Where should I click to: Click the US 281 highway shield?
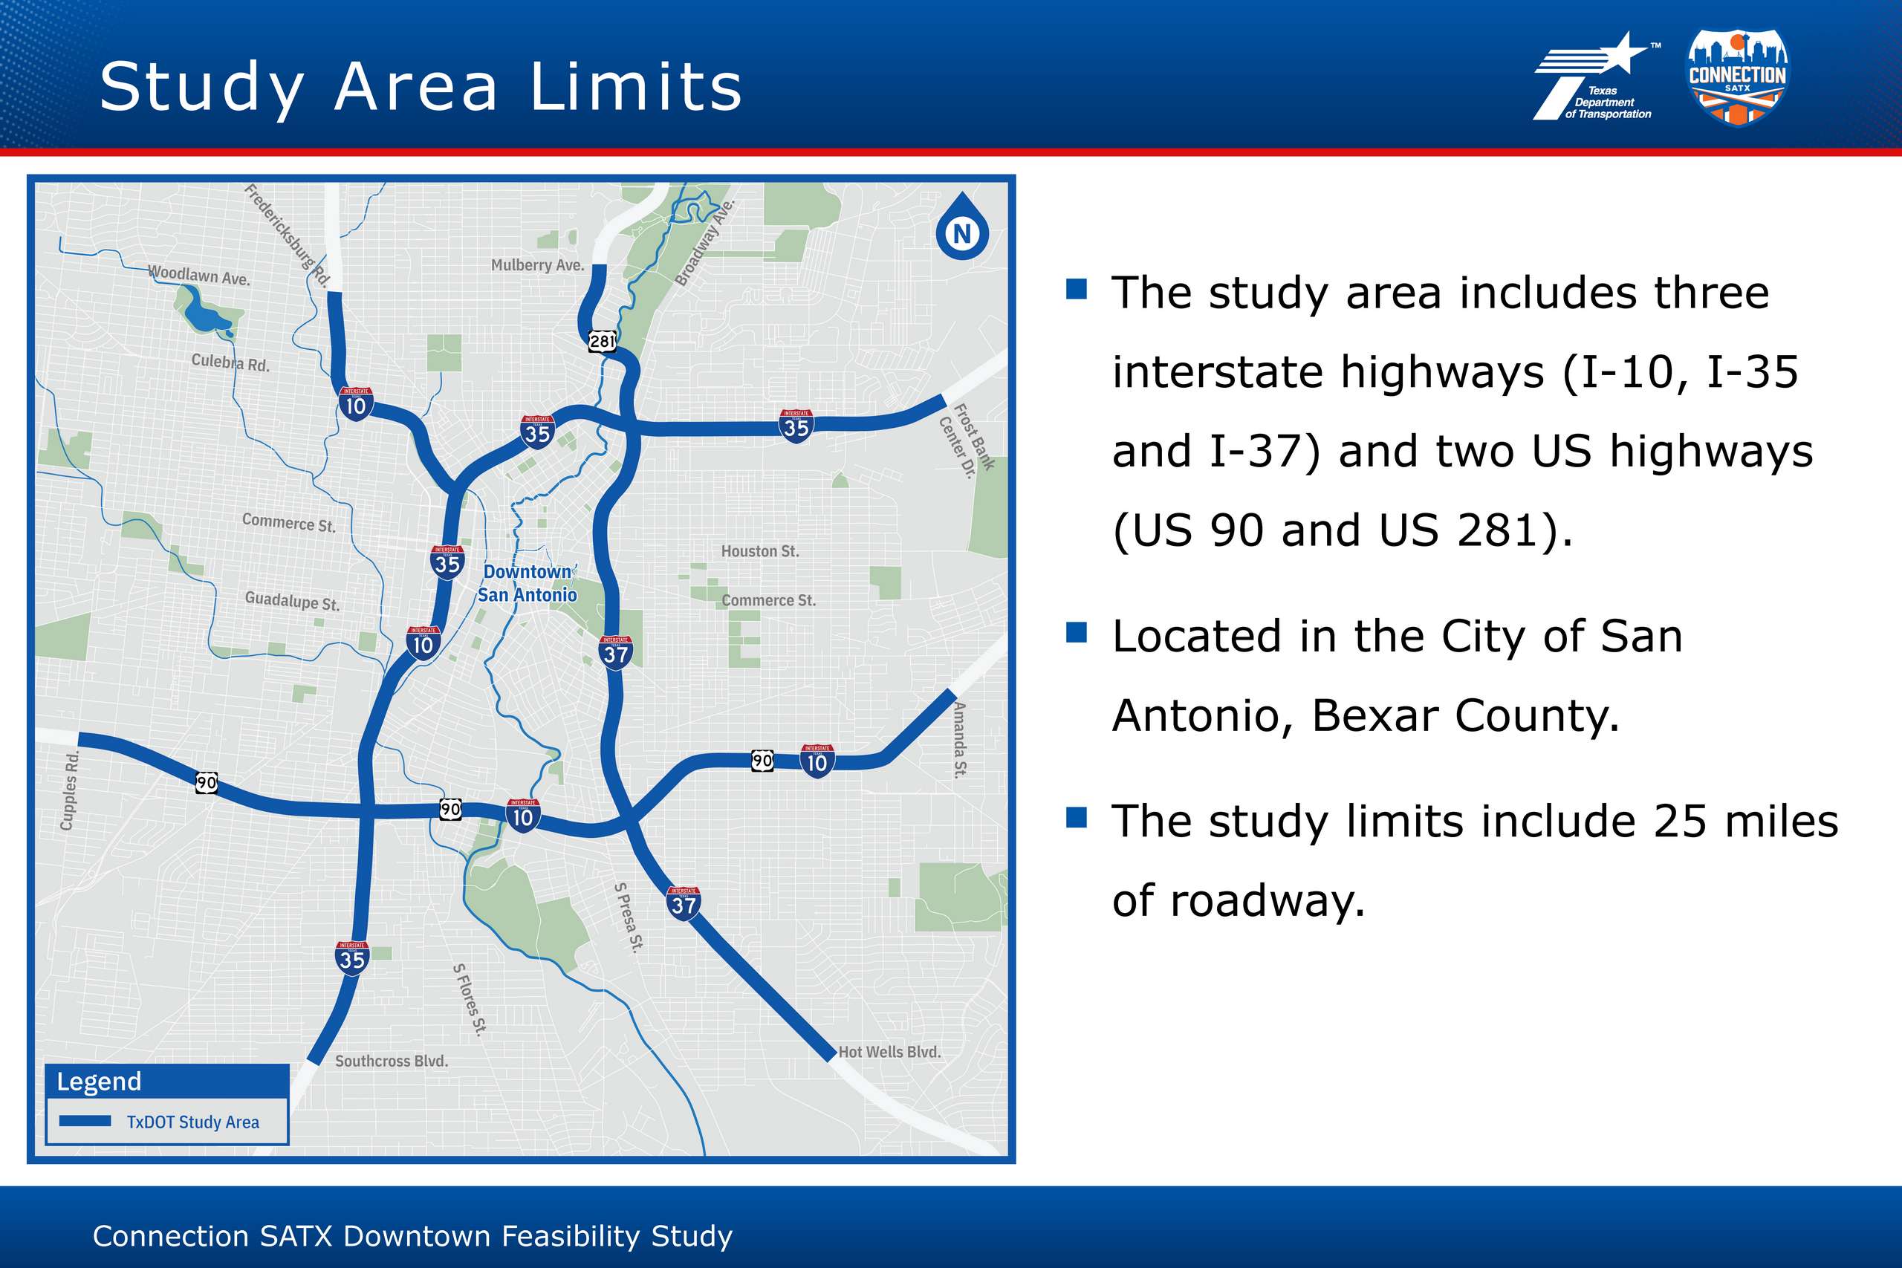(603, 340)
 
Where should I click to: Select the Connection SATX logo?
(1738, 78)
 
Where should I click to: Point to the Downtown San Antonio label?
(528, 583)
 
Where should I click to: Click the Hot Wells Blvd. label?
(889, 1052)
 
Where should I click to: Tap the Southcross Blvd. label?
(392, 1061)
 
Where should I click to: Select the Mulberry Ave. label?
(538, 265)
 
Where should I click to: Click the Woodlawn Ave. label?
(199, 275)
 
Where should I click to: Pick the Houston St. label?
(760, 551)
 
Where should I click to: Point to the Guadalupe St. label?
(292, 601)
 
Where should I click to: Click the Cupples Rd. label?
(70, 790)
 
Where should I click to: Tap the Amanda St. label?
(960, 739)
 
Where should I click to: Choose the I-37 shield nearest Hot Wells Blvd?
(684, 903)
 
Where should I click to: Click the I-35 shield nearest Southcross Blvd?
(351, 958)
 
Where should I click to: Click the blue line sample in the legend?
(85, 1121)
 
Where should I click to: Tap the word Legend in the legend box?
(99, 1082)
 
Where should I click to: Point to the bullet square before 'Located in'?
(1077, 632)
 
